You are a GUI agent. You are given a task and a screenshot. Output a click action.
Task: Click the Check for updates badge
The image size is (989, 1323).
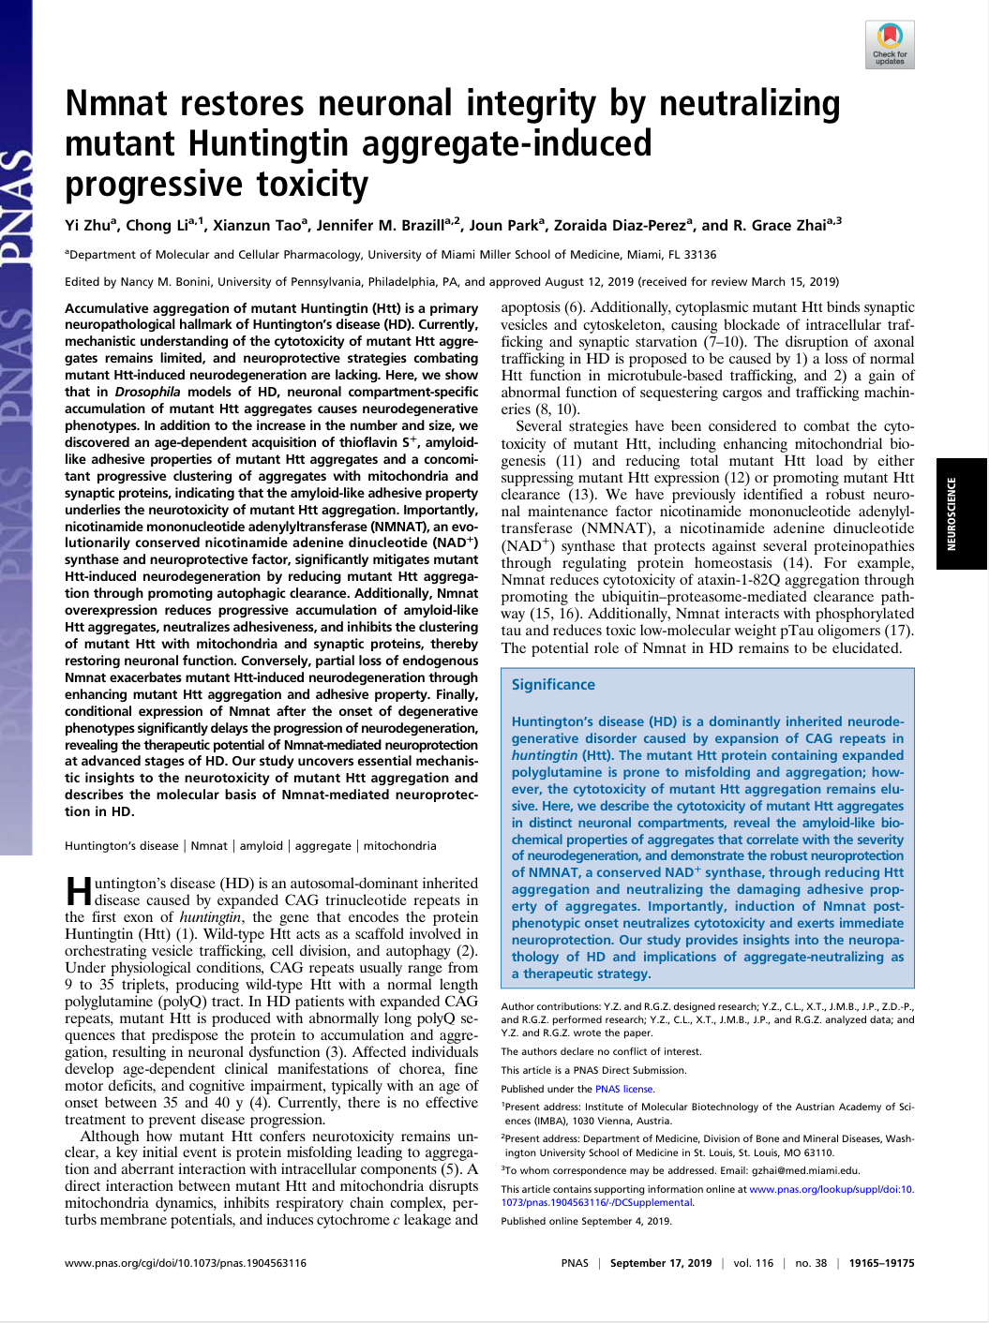click(889, 45)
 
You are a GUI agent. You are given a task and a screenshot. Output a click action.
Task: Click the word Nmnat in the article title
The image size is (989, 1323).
click(116, 103)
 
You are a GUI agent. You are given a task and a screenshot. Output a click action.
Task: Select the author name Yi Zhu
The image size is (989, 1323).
click(87, 225)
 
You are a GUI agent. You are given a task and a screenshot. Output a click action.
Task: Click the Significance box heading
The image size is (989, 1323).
click(553, 684)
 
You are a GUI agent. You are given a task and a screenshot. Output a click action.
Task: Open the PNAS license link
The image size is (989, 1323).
click(624, 1089)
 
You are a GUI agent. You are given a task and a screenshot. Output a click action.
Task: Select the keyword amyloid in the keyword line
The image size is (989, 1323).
click(261, 845)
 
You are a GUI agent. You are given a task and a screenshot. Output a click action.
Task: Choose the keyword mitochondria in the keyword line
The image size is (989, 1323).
click(399, 845)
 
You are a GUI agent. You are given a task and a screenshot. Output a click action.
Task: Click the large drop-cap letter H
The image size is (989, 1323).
click(79, 890)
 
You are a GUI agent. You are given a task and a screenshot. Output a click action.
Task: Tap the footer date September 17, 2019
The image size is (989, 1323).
click(660, 1263)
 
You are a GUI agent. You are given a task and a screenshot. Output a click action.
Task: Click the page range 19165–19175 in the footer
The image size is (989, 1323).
click(881, 1263)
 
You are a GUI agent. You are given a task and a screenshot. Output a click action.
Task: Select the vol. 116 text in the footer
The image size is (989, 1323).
click(753, 1263)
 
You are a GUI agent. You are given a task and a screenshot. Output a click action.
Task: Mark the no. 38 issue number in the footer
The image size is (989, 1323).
click(811, 1263)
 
